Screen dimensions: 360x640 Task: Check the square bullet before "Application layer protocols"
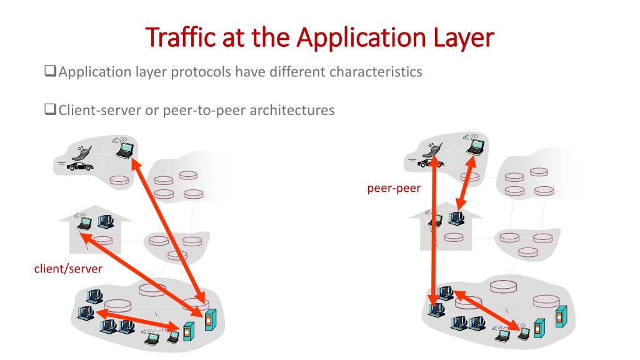point(51,72)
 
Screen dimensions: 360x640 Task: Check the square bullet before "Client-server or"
point(51,111)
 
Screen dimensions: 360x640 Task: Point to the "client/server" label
point(68,269)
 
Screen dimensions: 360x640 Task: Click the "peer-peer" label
point(394,188)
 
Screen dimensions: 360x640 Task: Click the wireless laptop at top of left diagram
point(125,147)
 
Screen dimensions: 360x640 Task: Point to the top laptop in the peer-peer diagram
point(476,146)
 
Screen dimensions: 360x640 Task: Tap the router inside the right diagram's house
point(454,237)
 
